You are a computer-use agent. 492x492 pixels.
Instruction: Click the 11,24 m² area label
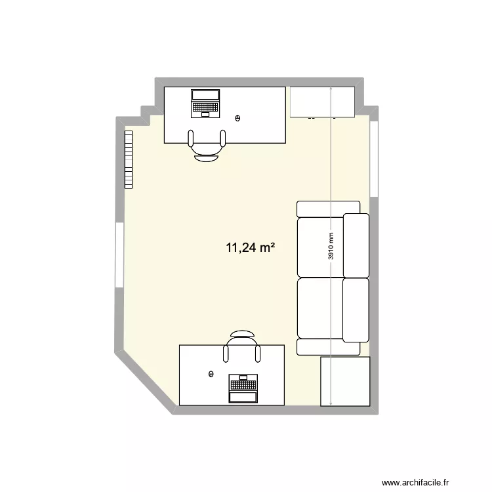click(x=250, y=247)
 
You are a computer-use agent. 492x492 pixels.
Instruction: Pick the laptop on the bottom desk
click(x=243, y=388)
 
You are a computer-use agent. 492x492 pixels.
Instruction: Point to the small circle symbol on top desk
click(x=237, y=118)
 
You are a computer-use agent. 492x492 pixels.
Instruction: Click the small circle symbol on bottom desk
click(x=211, y=374)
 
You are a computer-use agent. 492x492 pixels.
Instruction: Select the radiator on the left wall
click(x=129, y=159)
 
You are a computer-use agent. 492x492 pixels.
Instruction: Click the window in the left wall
click(x=119, y=254)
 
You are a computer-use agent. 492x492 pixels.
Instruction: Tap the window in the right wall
click(x=373, y=159)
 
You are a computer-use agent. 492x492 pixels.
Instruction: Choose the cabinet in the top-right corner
click(x=322, y=102)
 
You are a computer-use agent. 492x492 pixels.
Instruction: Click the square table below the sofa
click(x=345, y=381)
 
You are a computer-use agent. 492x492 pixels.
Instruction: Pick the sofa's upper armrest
click(x=328, y=209)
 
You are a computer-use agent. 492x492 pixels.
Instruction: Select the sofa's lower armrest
click(x=328, y=347)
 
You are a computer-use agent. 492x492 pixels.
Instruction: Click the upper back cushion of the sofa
click(x=356, y=245)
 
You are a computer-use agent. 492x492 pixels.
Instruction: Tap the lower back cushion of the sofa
click(x=356, y=310)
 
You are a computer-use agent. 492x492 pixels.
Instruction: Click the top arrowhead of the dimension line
click(x=331, y=89)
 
